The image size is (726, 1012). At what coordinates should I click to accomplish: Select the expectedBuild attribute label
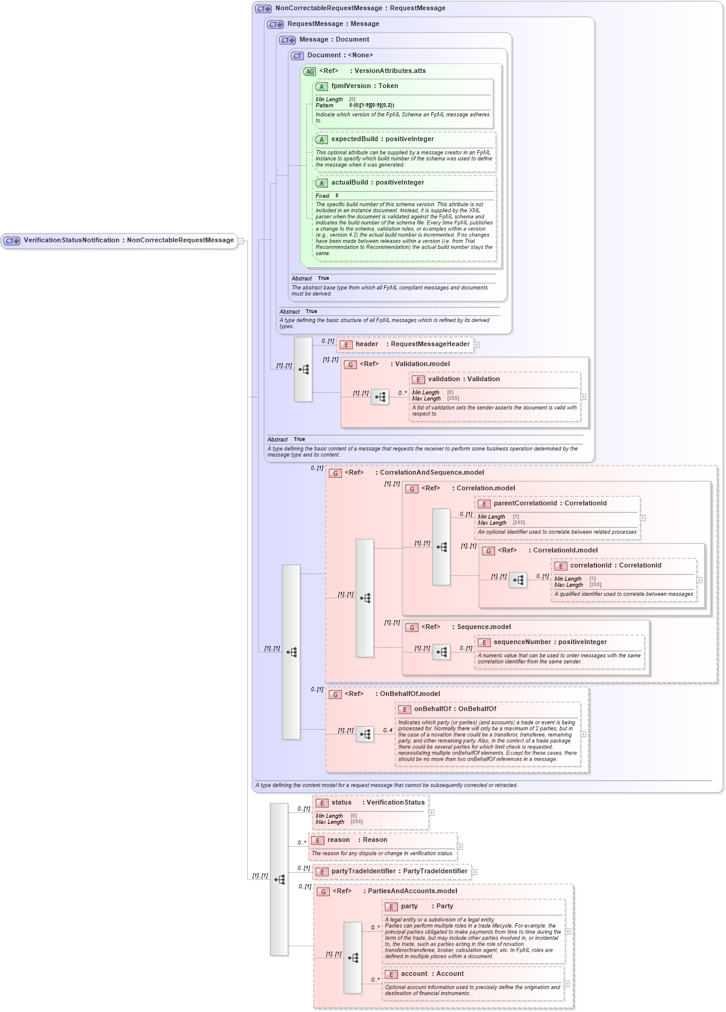pyautogui.click(x=355, y=139)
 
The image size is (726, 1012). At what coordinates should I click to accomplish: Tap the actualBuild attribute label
pyautogui.click(x=351, y=183)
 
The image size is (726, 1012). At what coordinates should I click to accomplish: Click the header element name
pyautogui.click(x=367, y=344)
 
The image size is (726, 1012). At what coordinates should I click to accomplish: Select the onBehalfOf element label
pyautogui.click(x=432, y=709)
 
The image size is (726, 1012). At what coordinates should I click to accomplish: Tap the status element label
pyautogui.click(x=341, y=803)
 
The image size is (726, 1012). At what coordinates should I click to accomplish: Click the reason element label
pyautogui.click(x=338, y=840)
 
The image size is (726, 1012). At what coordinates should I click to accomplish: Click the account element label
pyautogui.click(x=414, y=974)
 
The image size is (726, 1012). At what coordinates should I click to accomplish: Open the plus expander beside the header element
pyautogui.click(x=476, y=345)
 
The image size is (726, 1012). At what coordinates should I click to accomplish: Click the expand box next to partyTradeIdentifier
pyautogui.click(x=474, y=872)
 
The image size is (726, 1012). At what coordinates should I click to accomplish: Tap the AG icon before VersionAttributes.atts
pyautogui.click(x=309, y=71)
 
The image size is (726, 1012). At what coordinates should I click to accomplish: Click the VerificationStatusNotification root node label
pyautogui.click(x=72, y=241)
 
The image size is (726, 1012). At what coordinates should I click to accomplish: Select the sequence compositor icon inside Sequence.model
pyautogui.click(x=441, y=652)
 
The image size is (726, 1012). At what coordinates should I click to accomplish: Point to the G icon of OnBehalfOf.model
pyautogui.click(x=335, y=694)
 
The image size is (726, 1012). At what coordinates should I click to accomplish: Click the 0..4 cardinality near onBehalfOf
pyautogui.click(x=388, y=730)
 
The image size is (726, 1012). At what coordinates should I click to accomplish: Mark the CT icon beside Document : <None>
pyautogui.click(x=297, y=55)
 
